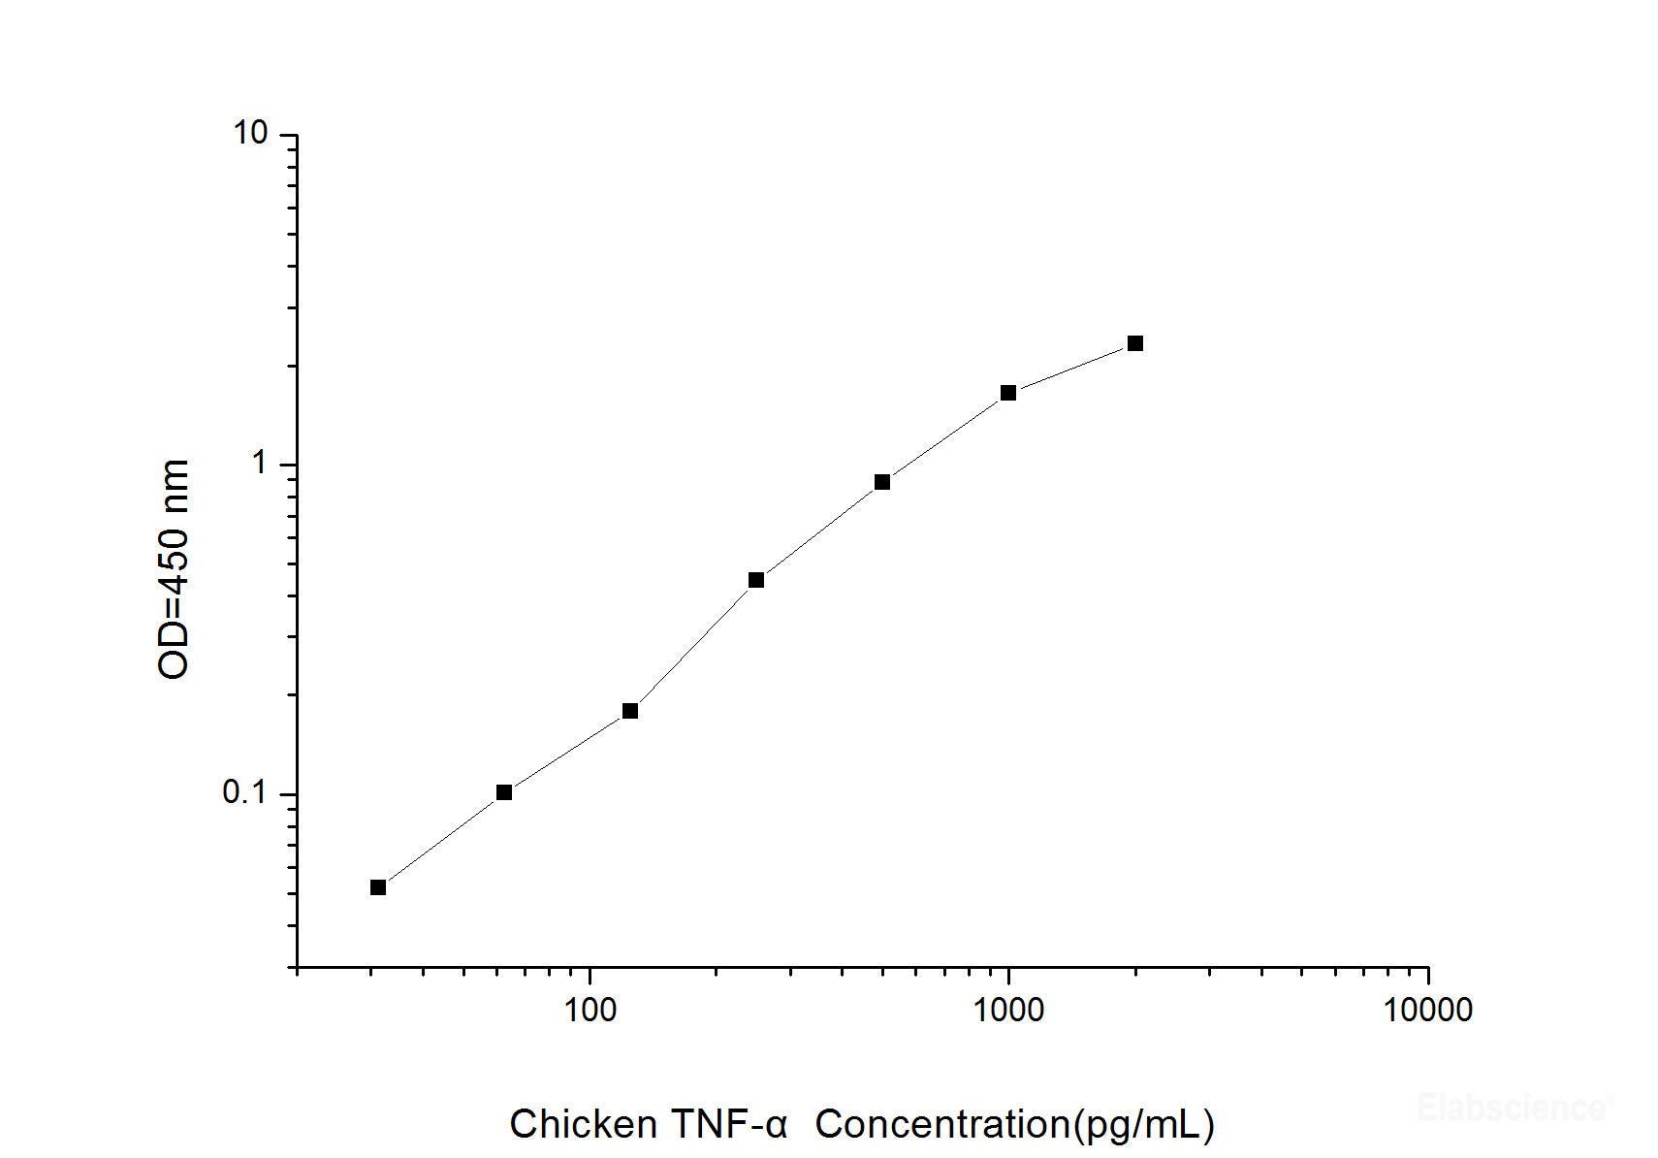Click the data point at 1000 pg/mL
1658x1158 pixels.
pyautogui.click(x=1008, y=393)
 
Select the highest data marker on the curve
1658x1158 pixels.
pyautogui.click(x=1135, y=343)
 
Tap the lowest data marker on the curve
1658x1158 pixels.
pyautogui.click(x=378, y=887)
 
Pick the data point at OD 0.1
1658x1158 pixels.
pyautogui.click(x=504, y=792)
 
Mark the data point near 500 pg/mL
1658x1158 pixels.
pyautogui.click(x=882, y=482)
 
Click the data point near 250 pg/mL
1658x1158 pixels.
pyautogui.click(x=756, y=580)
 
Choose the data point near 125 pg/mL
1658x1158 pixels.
pyautogui.click(x=630, y=711)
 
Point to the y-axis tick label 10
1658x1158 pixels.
pyautogui.click(x=249, y=134)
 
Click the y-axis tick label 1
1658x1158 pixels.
pyautogui.click(x=259, y=464)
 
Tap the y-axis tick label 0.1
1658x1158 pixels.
pyautogui.click(x=244, y=793)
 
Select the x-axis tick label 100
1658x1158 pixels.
pyautogui.click(x=590, y=1010)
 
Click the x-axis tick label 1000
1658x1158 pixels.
pyautogui.click(x=1008, y=1010)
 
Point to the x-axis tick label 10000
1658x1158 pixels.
pyautogui.click(x=1427, y=1010)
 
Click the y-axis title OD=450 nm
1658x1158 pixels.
pyautogui.click(x=175, y=570)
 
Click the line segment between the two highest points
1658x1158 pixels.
pyautogui.click(x=1071, y=369)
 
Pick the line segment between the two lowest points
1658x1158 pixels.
pyautogui.click(x=441, y=840)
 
